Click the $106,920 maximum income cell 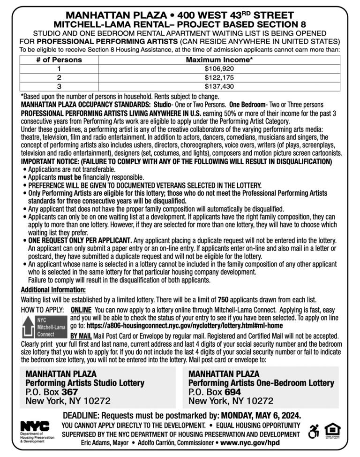coord(219,69)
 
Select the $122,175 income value coord(219,77)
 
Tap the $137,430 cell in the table coord(219,86)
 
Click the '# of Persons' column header coord(59,60)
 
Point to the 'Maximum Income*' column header coord(219,60)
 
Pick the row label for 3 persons coord(59,86)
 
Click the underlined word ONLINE coord(81,310)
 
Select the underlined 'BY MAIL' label coord(80,336)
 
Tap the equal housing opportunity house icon coord(332,430)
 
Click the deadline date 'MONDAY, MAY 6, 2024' coord(261,415)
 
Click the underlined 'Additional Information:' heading coord(53,289)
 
